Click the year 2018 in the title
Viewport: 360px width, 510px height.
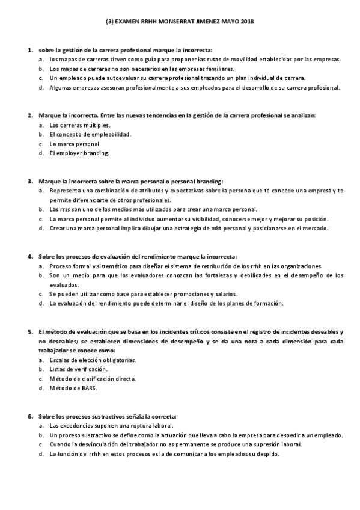pos(247,20)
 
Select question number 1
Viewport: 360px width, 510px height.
pos(30,50)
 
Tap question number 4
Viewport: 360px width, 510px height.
pos(30,256)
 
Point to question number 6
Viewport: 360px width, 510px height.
pos(30,416)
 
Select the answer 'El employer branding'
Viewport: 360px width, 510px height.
pos(79,153)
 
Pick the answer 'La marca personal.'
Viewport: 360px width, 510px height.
pos(75,144)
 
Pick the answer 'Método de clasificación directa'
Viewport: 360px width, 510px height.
pos(93,379)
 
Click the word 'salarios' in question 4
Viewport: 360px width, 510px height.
pos(225,294)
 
